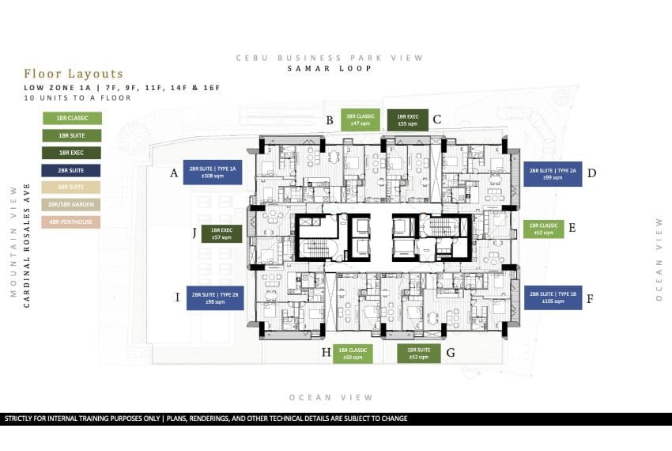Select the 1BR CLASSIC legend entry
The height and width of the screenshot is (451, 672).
[72, 118]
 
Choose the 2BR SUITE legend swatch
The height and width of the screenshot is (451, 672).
[72, 170]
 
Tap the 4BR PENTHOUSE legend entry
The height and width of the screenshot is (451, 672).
[72, 222]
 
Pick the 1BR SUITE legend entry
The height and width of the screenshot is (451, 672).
[72, 135]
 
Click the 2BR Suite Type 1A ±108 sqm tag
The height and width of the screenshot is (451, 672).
[213, 172]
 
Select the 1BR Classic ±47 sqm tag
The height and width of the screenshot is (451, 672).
[361, 119]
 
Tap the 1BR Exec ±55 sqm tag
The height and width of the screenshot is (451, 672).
[407, 119]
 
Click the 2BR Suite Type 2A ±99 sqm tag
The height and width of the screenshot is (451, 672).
[553, 173]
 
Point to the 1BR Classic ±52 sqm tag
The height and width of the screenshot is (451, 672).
[543, 229]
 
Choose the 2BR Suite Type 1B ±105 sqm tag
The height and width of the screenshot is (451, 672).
[553, 298]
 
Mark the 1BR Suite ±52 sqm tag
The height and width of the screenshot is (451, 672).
[417, 353]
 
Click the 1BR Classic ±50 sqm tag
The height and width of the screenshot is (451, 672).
[353, 353]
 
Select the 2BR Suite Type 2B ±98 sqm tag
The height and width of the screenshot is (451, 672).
[214, 298]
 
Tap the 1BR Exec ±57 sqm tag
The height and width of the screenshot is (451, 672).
[221, 233]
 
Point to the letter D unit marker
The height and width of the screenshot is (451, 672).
[591, 172]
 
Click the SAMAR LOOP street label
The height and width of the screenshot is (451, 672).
[329, 69]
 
